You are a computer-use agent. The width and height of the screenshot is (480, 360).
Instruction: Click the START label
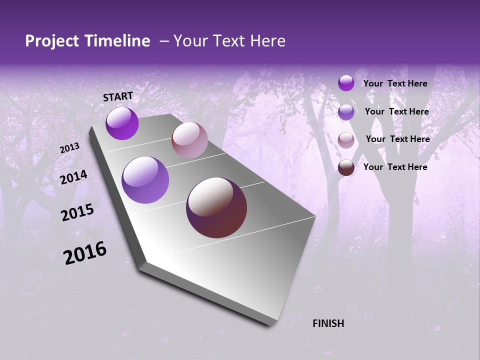pyautogui.click(x=118, y=96)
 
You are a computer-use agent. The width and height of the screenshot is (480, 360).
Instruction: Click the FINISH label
pyautogui.click(x=328, y=323)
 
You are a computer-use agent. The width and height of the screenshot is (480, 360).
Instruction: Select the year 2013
pyautogui.click(x=70, y=148)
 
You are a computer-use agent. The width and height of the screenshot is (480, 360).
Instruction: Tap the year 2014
pyautogui.click(x=74, y=177)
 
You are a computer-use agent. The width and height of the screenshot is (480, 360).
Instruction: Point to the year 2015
pyautogui.click(x=77, y=212)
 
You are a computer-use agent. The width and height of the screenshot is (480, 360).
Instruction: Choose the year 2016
pyautogui.click(x=85, y=252)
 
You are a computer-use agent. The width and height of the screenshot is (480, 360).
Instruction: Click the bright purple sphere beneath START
pyautogui.click(x=122, y=123)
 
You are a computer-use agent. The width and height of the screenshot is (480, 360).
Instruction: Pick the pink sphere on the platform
pyautogui.click(x=189, y=140)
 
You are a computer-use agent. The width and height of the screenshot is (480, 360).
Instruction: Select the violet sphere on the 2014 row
pyautogui.click(x=145, y=180)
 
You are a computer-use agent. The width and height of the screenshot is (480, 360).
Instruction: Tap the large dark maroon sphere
pyautogui.click(x=216, y=207)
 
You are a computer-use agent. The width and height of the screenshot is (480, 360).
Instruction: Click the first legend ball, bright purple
pyautogui.click(x=346, y=83)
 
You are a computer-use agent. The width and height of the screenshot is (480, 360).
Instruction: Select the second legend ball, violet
pyautogui.click(x=346, y=112)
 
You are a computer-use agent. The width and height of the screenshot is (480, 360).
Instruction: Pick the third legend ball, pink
pyautogui.click(x=346, y=140)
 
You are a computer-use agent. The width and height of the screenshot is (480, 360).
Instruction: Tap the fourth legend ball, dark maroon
pyautogui.click(x=346, y=167)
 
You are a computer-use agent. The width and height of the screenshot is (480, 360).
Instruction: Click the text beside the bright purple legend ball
pyautogui.click(x=395, y=83)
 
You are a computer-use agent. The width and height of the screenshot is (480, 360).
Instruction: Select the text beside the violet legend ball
pyautogui.click(x=396, y=111)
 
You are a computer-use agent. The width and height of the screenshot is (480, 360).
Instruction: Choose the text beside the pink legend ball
pyautogui.click(x=397, y=139)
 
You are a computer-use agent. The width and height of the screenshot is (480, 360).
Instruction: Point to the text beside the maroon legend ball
pyautogui.click(x=395, y=167)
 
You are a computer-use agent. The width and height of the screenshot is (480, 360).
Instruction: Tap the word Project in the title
pyautogui.click(x=51, y=41)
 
